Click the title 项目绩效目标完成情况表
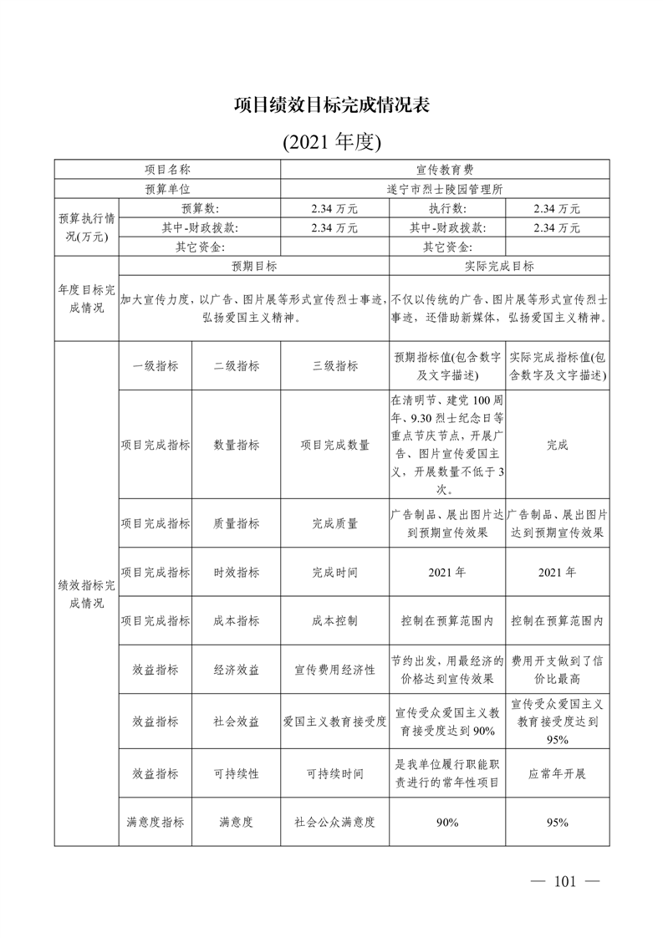(331, 106)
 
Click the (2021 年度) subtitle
(331, 141)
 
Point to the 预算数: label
(200, 208)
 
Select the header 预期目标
(254, 266)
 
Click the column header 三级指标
(334, 365)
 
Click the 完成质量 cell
(334, 523)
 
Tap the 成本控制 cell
(334, 620)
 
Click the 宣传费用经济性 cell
(334, 670)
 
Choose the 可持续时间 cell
(334, 773)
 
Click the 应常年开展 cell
(558, 773)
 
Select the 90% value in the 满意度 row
(447, 822)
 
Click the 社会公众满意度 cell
(334, 822)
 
